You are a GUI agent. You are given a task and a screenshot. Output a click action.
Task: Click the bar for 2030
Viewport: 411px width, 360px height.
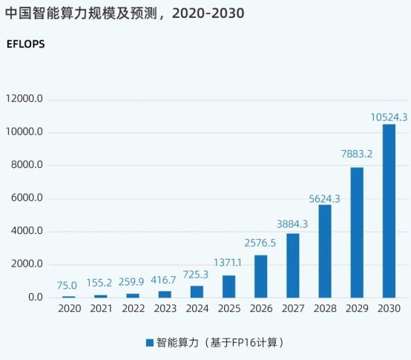click(389, 211)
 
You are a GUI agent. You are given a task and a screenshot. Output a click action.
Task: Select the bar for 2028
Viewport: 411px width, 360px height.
click(325, 252)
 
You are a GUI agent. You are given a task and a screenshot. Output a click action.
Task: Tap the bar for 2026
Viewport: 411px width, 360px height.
click(261, 277)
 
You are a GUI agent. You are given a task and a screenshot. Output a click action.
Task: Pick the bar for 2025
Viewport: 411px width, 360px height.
click(228, 287)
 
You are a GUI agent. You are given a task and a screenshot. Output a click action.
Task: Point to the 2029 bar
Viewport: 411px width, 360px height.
click(357, 233)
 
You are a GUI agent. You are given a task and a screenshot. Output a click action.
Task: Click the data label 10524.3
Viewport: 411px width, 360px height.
click(389, 117)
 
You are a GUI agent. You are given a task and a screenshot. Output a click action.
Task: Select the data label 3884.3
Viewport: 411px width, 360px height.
click(292, 224)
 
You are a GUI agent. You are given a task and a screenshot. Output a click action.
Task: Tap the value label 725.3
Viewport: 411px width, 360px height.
click(196, 275)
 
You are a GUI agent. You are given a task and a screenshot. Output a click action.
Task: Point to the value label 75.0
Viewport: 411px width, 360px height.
click(67, 285)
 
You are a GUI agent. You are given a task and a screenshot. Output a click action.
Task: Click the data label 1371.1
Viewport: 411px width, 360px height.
click(228, 263)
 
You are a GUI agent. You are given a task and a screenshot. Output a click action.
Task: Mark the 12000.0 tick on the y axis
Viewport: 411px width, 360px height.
click(24, 99)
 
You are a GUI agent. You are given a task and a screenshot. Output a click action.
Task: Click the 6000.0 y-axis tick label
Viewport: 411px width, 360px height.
click(27, 197)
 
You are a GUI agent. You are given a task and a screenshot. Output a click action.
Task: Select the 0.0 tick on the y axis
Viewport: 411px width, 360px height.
click(36, 297)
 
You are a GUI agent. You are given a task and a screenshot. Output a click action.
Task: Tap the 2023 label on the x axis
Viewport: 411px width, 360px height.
click(165, 308)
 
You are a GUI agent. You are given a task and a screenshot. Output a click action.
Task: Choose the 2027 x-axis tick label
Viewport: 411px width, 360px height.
click(293, 308)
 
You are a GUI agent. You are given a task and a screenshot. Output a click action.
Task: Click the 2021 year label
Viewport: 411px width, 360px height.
click(101, 308)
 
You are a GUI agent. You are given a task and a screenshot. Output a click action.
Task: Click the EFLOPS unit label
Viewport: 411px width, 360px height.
click(26, 44)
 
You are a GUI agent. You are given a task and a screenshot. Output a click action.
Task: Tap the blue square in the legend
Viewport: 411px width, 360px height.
click(150, 343)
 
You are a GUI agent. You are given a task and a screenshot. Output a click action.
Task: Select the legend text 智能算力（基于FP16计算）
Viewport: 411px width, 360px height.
click(220, 343)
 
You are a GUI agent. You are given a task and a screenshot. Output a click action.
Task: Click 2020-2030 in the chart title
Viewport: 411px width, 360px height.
click(208, 13)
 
